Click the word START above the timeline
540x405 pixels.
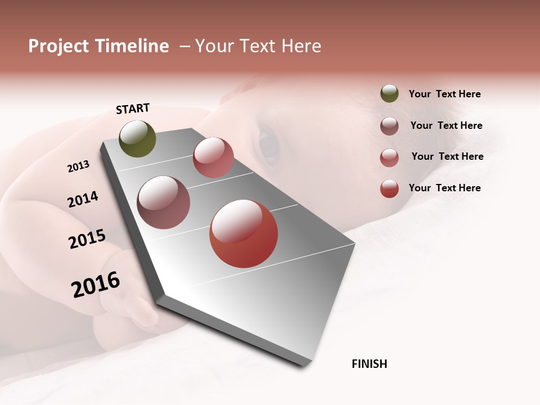coord(133,109)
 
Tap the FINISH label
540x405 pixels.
coord(369,364)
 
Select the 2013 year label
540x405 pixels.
coord(78,166)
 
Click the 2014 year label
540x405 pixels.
coord(83,200)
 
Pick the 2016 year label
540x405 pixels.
coord(96,285)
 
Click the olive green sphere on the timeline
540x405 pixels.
coord(138,138)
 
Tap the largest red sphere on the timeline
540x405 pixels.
coord(244,233)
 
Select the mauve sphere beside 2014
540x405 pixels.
coord(164,202)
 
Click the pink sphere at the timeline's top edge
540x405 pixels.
coord(213,157)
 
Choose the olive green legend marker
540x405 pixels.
coord(389,94)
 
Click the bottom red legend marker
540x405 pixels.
coord(389,188)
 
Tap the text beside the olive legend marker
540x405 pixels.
coord(444,94)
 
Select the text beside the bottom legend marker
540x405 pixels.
coord(444,188)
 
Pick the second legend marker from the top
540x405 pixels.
coord(389,126)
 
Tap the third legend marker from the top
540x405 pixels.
coord(389,157)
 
